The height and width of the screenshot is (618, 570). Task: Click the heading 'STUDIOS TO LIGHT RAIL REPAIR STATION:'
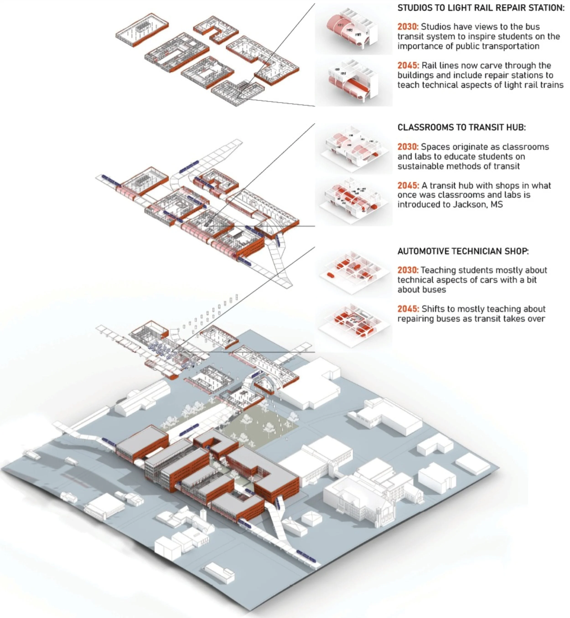[481, 8]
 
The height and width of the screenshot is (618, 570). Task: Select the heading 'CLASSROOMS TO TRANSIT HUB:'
[461, 128]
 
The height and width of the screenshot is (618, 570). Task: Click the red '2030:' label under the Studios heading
[408, 27]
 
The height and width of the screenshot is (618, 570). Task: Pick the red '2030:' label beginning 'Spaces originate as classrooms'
[408, 147]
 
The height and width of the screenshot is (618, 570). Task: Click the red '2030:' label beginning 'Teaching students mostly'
[408, 270]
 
